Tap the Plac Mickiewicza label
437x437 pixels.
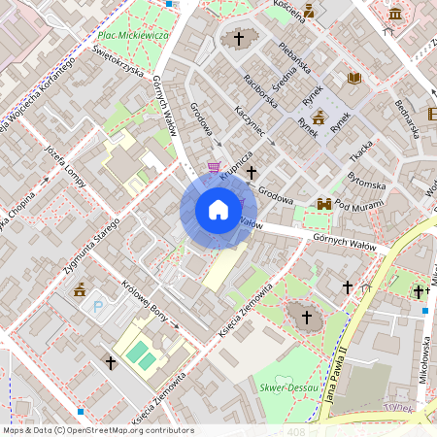point(134,35)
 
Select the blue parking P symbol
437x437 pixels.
point(97,308)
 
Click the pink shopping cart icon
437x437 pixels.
point(214,166)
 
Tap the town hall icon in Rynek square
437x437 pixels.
point(318,117)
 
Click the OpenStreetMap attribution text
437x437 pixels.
point(97,430)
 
